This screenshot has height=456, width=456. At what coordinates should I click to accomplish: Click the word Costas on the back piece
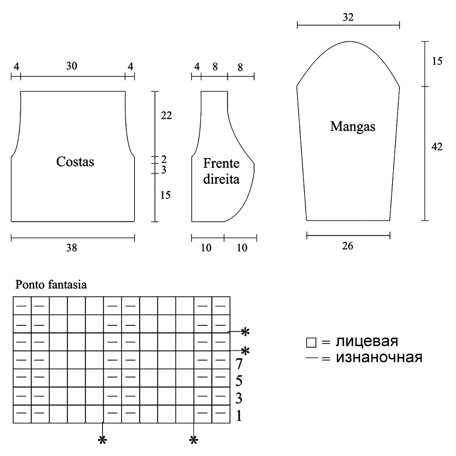point(75,162)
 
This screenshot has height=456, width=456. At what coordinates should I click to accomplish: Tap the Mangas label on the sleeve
point(353,126)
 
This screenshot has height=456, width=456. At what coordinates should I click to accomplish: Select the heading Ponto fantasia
point(51,284)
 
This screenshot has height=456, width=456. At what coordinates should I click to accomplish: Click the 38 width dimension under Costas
point(71,248)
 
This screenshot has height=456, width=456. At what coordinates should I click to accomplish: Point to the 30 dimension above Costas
point(71,66)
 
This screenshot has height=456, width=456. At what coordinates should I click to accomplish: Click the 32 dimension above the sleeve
point(348,17)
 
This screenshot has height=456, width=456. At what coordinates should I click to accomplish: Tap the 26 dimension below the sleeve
point(347,246)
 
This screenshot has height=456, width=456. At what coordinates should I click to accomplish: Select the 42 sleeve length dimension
point(437,147)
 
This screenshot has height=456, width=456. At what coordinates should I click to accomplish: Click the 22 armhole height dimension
point(166,115)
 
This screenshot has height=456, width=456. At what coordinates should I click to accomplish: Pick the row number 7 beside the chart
point(239,364)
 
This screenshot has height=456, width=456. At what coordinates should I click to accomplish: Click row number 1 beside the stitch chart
point(239,416)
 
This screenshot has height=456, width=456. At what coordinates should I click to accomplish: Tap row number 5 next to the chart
point(239,381)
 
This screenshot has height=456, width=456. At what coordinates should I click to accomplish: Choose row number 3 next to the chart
point(239,399)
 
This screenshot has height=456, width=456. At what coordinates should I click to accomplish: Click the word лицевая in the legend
point(367,341)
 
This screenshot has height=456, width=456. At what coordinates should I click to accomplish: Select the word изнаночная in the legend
point(379,358)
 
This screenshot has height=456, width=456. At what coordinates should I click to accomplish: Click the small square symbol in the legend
point(311,343)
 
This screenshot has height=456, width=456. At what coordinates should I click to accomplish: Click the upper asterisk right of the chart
point(245,332)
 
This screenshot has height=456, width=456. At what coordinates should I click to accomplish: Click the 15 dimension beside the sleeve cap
point(437,61)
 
